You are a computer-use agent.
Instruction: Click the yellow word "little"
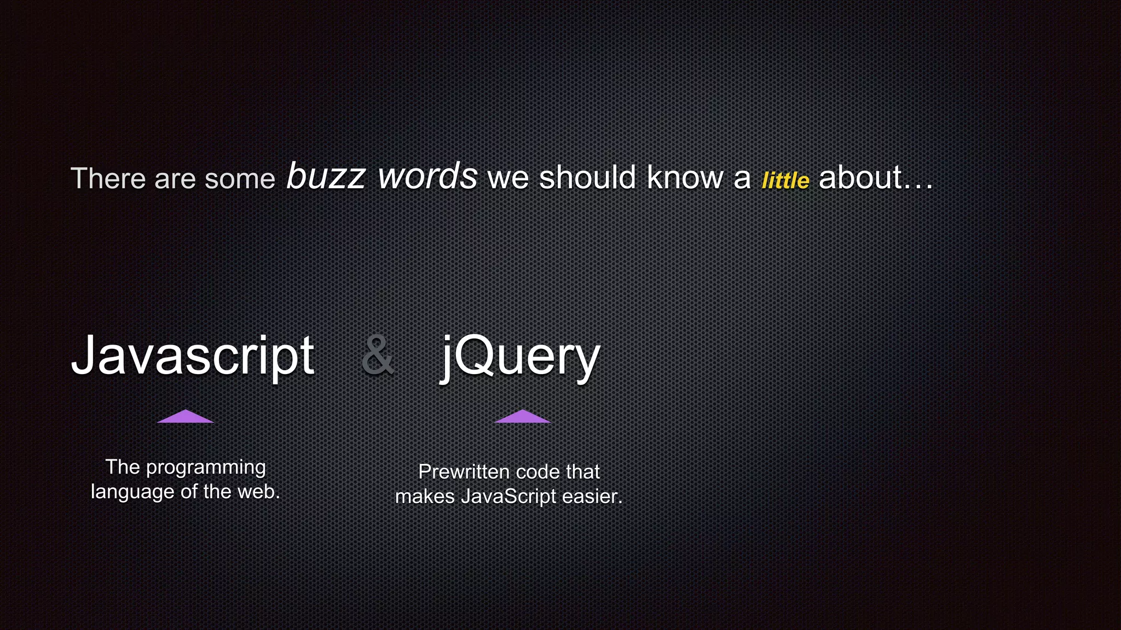point(785,180)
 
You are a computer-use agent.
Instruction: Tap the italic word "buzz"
point(326,176)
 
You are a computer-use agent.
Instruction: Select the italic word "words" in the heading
point(427,176)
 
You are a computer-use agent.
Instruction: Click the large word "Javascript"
point(193,357)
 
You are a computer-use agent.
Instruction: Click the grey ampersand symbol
point(378,355)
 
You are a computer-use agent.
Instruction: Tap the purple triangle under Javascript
point(186,417)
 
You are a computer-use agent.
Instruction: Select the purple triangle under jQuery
point(523,417)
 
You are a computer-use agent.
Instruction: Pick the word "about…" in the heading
point(875,178)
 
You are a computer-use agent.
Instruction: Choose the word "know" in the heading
point(685,178)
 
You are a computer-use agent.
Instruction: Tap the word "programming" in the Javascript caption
point(206,468)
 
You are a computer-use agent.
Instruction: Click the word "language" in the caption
point(132,492)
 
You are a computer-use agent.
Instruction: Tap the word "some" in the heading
point(240,179)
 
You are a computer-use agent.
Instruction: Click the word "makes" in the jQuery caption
point(425,497)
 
